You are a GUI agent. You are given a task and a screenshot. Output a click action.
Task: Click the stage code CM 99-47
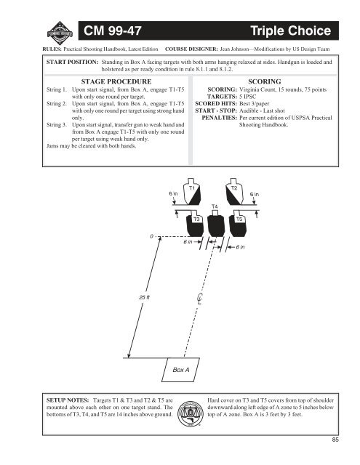pos(113,31)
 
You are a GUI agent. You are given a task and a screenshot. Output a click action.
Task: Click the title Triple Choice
pos(291,31)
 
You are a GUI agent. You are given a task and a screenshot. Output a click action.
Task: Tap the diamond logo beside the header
pos(60,33)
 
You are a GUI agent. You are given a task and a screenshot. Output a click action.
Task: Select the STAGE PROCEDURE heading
pos(116,81)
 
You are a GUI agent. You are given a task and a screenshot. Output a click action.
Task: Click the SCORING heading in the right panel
pos(265,81)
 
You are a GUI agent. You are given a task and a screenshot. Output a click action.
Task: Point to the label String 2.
pos(57,104)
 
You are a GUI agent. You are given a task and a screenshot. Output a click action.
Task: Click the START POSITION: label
pos(72,62)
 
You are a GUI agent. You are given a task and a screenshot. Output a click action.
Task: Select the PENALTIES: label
pos(220,118)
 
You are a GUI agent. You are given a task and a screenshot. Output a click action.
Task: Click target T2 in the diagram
pos(234,192)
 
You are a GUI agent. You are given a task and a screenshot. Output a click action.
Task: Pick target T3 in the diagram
pos(195,224)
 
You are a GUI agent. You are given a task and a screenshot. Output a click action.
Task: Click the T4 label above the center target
pos(215,206)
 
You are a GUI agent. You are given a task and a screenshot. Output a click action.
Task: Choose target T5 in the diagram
pos(238,224)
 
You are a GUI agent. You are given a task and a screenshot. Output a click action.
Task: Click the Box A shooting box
pos(181,370)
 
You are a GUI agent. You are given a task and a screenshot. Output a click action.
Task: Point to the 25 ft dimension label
pos(144,297)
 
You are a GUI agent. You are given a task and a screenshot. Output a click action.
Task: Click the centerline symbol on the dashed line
pos(200,299)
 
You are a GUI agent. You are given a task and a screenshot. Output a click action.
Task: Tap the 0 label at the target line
pos(152,236)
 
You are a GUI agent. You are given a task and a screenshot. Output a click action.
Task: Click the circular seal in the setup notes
pos(191,414)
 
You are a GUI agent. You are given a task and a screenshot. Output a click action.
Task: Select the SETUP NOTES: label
pos(68,400)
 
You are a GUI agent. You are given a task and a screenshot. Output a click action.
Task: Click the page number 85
pos(335,440)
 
